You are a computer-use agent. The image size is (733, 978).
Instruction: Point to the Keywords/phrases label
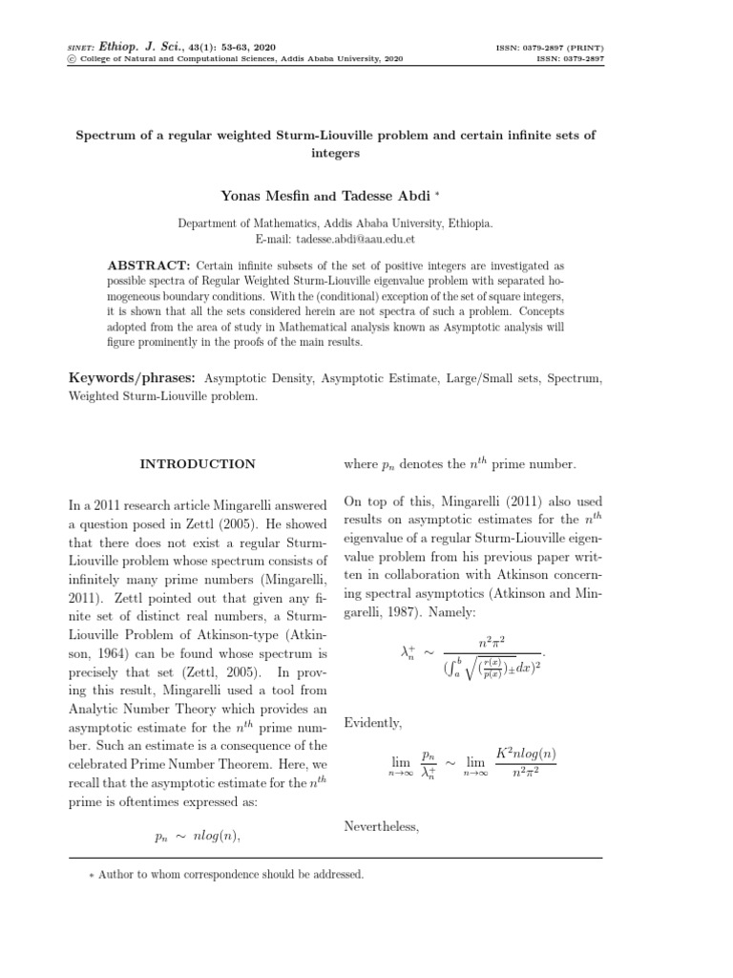(x=133, y=378)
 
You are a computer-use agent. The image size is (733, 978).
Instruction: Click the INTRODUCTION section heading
(x=198, y=464)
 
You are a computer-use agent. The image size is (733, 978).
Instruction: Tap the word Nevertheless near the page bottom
(x=381, y=826)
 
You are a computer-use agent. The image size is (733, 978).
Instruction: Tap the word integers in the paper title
(x=334, y=152)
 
